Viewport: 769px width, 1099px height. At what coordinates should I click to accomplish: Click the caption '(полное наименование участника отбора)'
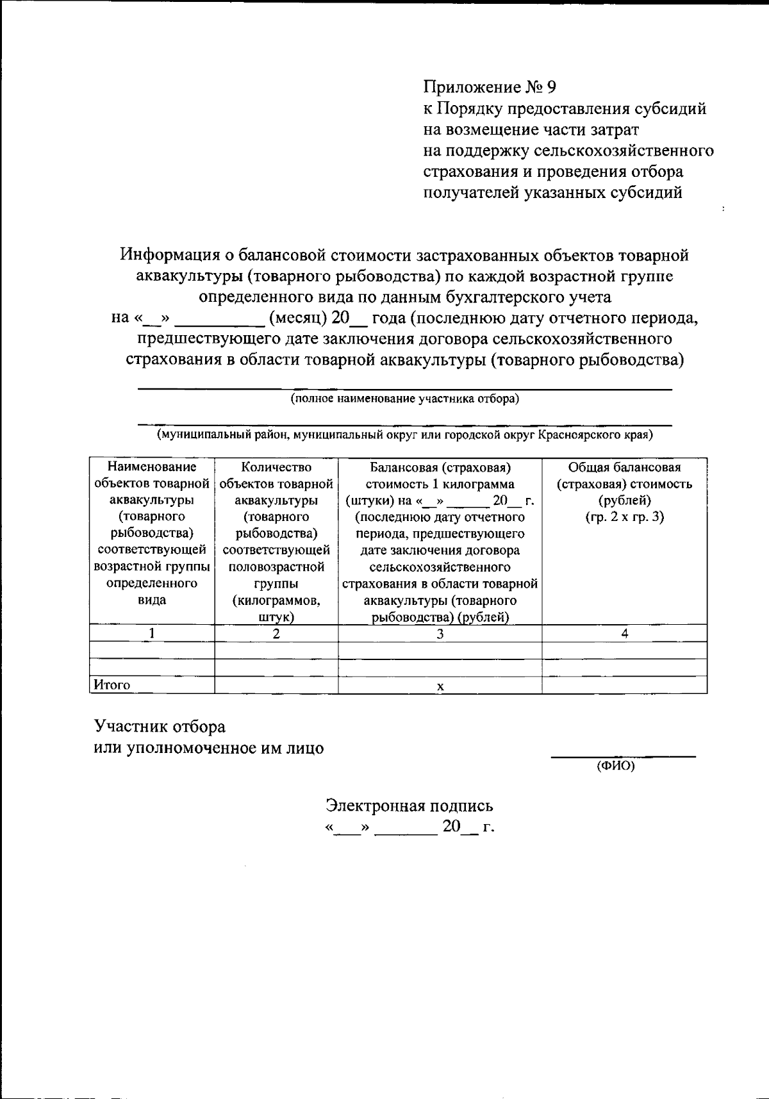pyautogui.click(x=404, y=399)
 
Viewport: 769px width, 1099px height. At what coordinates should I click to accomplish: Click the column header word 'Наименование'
pyautogui.click(x=152, y=467)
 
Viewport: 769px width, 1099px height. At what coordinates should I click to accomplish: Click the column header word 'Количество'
pyautogui.click(x=276, y=467)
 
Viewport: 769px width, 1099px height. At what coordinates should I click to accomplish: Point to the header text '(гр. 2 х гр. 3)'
pyautogui.click(x=624, y=517)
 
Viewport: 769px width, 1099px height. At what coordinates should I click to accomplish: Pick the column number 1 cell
pyautogui.click(x=152, y=633)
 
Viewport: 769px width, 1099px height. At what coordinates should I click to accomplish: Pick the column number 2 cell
pyautogui.click(x=276, y=633)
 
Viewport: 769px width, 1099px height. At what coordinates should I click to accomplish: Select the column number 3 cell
pyautogui.click(x=440, y=633)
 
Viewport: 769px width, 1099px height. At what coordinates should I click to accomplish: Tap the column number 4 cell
pyautogui.click(x=624, y=633)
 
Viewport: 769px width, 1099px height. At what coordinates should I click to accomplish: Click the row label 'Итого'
pyautogui.click(x=112, y=685)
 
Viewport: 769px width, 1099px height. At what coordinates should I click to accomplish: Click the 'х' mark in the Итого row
pyautogui.click(x=440, y=686)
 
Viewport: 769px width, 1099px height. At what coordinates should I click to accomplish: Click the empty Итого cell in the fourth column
pyautogui.click(x=624, y=685)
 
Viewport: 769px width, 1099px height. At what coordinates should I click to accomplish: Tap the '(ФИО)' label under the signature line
pyautogui.click(x=615, y=765)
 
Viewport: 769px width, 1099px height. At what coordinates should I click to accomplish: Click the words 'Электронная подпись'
pyautogui.click(x=410, y=806)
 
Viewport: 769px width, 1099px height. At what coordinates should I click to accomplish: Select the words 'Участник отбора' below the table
pyautogui.click(x=160, y=727)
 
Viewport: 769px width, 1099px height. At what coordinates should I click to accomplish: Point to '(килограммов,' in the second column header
pyautogui.click(x=276, y=600)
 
